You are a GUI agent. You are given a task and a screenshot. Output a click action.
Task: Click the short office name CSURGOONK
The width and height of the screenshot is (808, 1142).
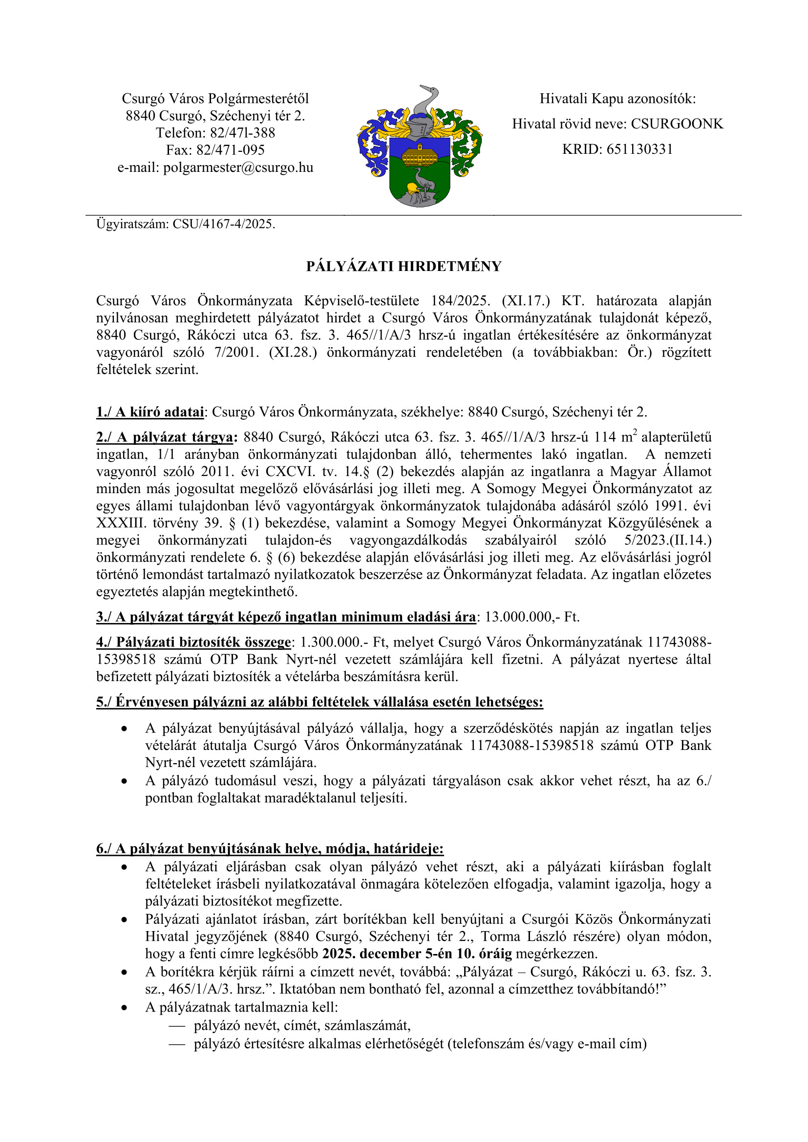pos(677,124)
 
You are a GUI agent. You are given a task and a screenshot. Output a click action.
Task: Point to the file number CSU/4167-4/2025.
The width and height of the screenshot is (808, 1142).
pos(224,224)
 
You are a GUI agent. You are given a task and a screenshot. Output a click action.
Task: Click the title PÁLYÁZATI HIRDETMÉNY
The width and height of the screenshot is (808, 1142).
pos(404,267)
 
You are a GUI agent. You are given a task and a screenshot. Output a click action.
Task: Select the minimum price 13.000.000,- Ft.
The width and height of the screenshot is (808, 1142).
pos(532,617)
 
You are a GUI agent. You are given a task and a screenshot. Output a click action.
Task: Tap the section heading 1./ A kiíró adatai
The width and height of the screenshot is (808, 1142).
pos(150,412)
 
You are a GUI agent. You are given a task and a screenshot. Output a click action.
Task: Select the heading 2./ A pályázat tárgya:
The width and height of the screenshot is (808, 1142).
pos(167,437)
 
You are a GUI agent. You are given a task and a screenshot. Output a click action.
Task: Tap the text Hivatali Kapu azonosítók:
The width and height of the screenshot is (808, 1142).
pos(617,99)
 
